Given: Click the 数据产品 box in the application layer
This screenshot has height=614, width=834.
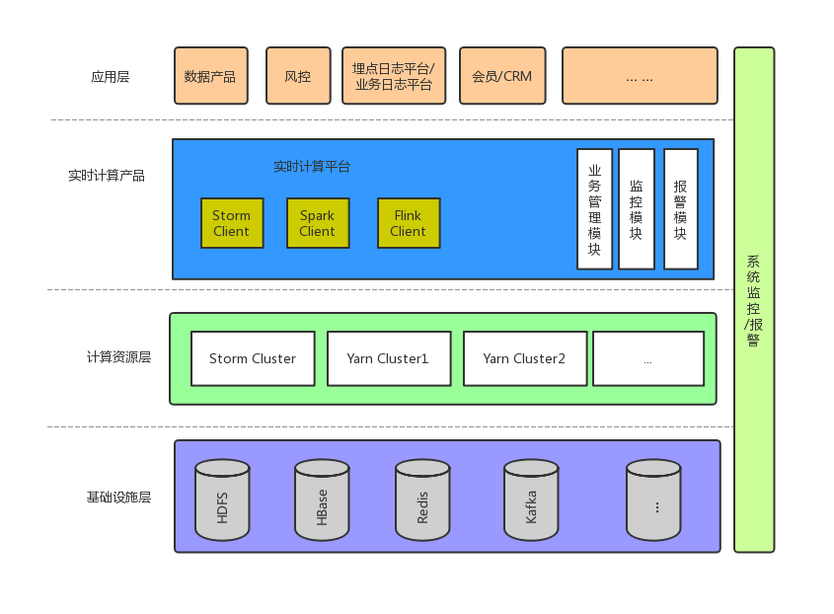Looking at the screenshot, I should (210, 76).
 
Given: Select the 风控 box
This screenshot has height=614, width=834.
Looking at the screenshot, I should (298, 76).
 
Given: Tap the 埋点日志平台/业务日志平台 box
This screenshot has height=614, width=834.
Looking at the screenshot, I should (394, 76).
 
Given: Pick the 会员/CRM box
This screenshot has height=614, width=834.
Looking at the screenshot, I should (502, 76).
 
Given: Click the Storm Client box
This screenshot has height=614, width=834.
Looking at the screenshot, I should (232, 223).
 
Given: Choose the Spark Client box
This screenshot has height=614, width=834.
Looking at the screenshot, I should (318, 223).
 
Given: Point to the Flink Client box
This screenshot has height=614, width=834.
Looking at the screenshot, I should (409, 223).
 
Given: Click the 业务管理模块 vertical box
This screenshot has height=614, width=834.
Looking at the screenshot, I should (595, 209).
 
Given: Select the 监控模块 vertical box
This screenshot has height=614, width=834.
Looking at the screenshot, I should (637, 209).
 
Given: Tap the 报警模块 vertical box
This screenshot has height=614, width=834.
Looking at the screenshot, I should (681, 209).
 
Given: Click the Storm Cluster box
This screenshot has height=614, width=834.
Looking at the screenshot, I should (253, 358).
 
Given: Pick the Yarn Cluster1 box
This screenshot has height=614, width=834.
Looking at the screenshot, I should (389, 358).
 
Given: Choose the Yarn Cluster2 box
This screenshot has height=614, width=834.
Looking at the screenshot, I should (525, 358).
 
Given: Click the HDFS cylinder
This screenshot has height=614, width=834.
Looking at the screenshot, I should (222, 500).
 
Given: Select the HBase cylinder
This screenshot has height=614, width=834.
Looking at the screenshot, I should (323, 500).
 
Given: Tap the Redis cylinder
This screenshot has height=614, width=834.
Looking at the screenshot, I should (423, 500).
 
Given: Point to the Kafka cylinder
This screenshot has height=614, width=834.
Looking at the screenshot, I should (531, 500).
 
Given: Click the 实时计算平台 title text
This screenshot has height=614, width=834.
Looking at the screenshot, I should (312, 167).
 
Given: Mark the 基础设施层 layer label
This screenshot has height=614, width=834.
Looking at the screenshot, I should (118, 497).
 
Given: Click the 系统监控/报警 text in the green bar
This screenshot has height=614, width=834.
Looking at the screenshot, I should (754, 300).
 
